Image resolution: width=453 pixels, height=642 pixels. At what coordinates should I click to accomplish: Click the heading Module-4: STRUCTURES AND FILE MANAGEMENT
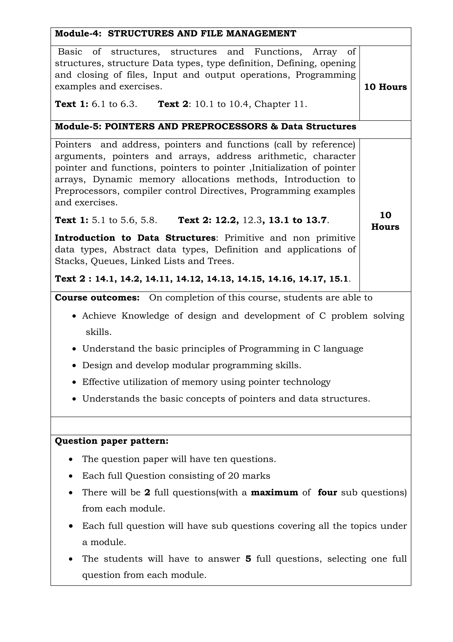[x=175, y=33]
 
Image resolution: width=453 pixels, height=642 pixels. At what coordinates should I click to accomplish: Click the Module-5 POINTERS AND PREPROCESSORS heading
[x=205, y=126]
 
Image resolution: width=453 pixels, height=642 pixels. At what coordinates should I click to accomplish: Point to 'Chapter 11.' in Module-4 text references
[x=280, y=104]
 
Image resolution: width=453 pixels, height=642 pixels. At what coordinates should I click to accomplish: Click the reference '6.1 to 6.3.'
[x=114, y=104]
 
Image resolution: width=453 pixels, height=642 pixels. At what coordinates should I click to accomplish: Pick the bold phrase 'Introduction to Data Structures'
[x=135, y=238]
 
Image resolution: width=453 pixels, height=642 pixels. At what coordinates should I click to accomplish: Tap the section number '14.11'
[x=159, y=279]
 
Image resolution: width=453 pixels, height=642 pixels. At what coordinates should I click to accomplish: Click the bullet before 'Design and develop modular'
[x=74, y=366]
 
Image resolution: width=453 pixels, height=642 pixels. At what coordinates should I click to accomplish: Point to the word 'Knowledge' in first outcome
[x=145, y=316]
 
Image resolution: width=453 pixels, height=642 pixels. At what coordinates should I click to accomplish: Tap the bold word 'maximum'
[x=274, y=492]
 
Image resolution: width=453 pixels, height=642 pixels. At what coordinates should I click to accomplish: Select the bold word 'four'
[x=327, y=492]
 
